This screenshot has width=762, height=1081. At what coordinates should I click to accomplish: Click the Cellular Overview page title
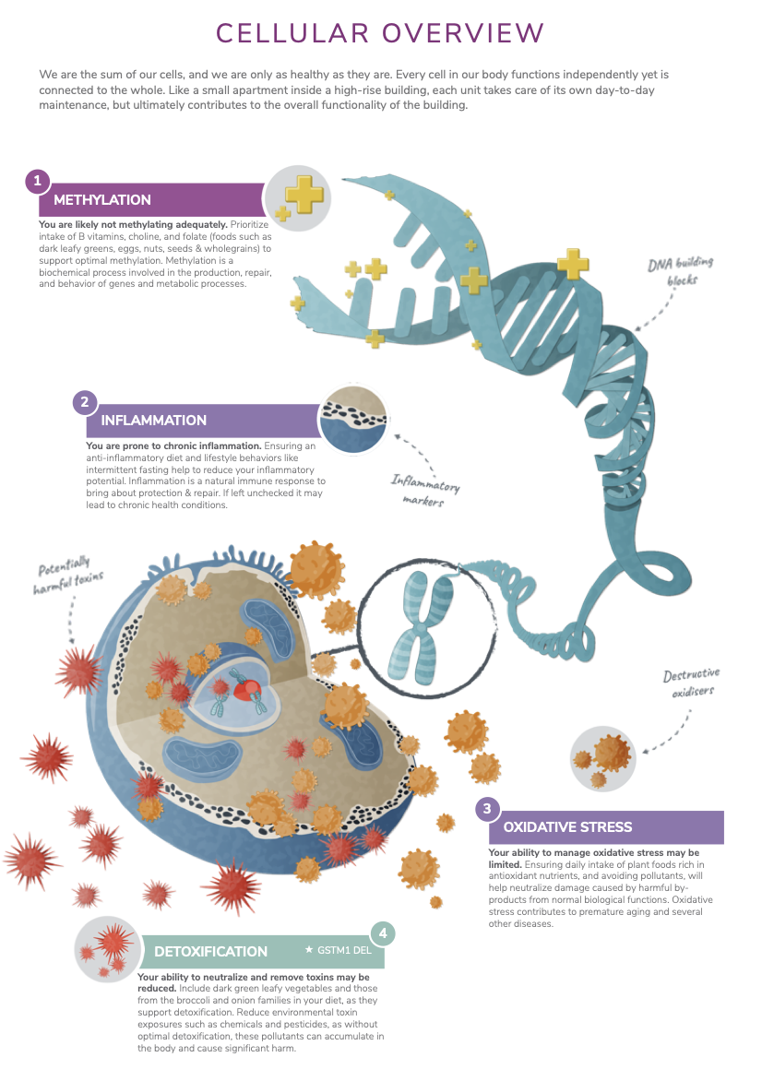click(x=380, y=33)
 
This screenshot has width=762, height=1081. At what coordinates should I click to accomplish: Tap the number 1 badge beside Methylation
click(x=37, y=181)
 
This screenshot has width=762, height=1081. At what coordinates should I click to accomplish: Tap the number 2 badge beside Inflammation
click(x=85, y=402)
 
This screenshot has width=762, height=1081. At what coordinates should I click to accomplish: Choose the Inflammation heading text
click(x=154, y=421)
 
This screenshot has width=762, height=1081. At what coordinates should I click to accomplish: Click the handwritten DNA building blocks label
click(x=680, y=270)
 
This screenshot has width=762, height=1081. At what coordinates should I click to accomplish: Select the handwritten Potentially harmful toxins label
click(x=70, y=576)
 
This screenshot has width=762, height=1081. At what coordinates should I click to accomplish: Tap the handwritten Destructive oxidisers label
click(x=691, y=683)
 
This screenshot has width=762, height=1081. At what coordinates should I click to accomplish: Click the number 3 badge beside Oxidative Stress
click(x=487, y=809)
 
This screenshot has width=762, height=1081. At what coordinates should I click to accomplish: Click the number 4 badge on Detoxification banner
click(x=382, y=933)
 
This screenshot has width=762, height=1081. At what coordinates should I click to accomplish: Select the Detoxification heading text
click(x=210, y=951)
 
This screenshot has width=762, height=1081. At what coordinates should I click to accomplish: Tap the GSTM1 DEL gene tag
click(x=338, y=949)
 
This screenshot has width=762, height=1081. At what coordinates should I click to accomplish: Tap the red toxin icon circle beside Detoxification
click(x=108, y=950)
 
